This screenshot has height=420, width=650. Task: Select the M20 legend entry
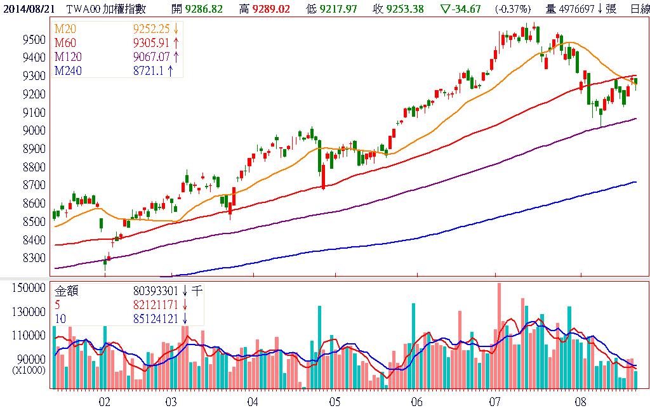point(64,30)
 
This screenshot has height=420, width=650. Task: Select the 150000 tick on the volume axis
point(31,288)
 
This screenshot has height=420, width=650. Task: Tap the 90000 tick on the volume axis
point(33,358)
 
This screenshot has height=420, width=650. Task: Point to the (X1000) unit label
point(28,369)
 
